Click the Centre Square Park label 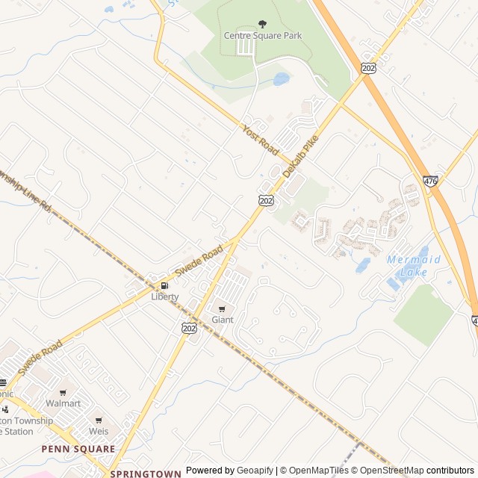pos(262,36)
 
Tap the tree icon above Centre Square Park pos(261,25)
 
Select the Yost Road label pos(260,140)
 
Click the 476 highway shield pos(430,181)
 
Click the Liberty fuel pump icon pos(164,285)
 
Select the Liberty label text pos(165,297)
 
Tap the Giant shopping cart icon pos(222,308)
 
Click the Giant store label pos(223,320)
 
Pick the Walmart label pos(63,403)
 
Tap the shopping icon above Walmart pos(63,392)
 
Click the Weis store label pos(99,431)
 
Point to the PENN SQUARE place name pos(78,449)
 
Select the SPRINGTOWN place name pos(146,474)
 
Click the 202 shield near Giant pos(189,327)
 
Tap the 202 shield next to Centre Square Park pos(369,67)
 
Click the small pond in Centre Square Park pos(281,78)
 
